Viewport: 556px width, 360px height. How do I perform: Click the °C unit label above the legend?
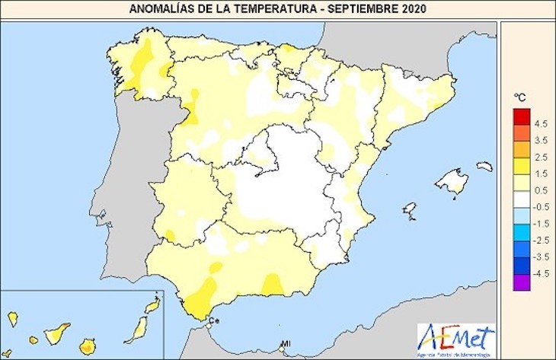(519, 97)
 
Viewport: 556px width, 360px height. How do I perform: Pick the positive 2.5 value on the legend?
(541, 158)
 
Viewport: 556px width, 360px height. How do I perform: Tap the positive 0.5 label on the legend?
(541, 190)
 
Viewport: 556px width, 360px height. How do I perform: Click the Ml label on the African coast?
(284, 343)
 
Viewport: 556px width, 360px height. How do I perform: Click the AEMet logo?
(455, 337)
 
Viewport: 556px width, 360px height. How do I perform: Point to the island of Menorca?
(484, 166)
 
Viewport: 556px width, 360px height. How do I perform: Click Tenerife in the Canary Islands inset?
(57, 333)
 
